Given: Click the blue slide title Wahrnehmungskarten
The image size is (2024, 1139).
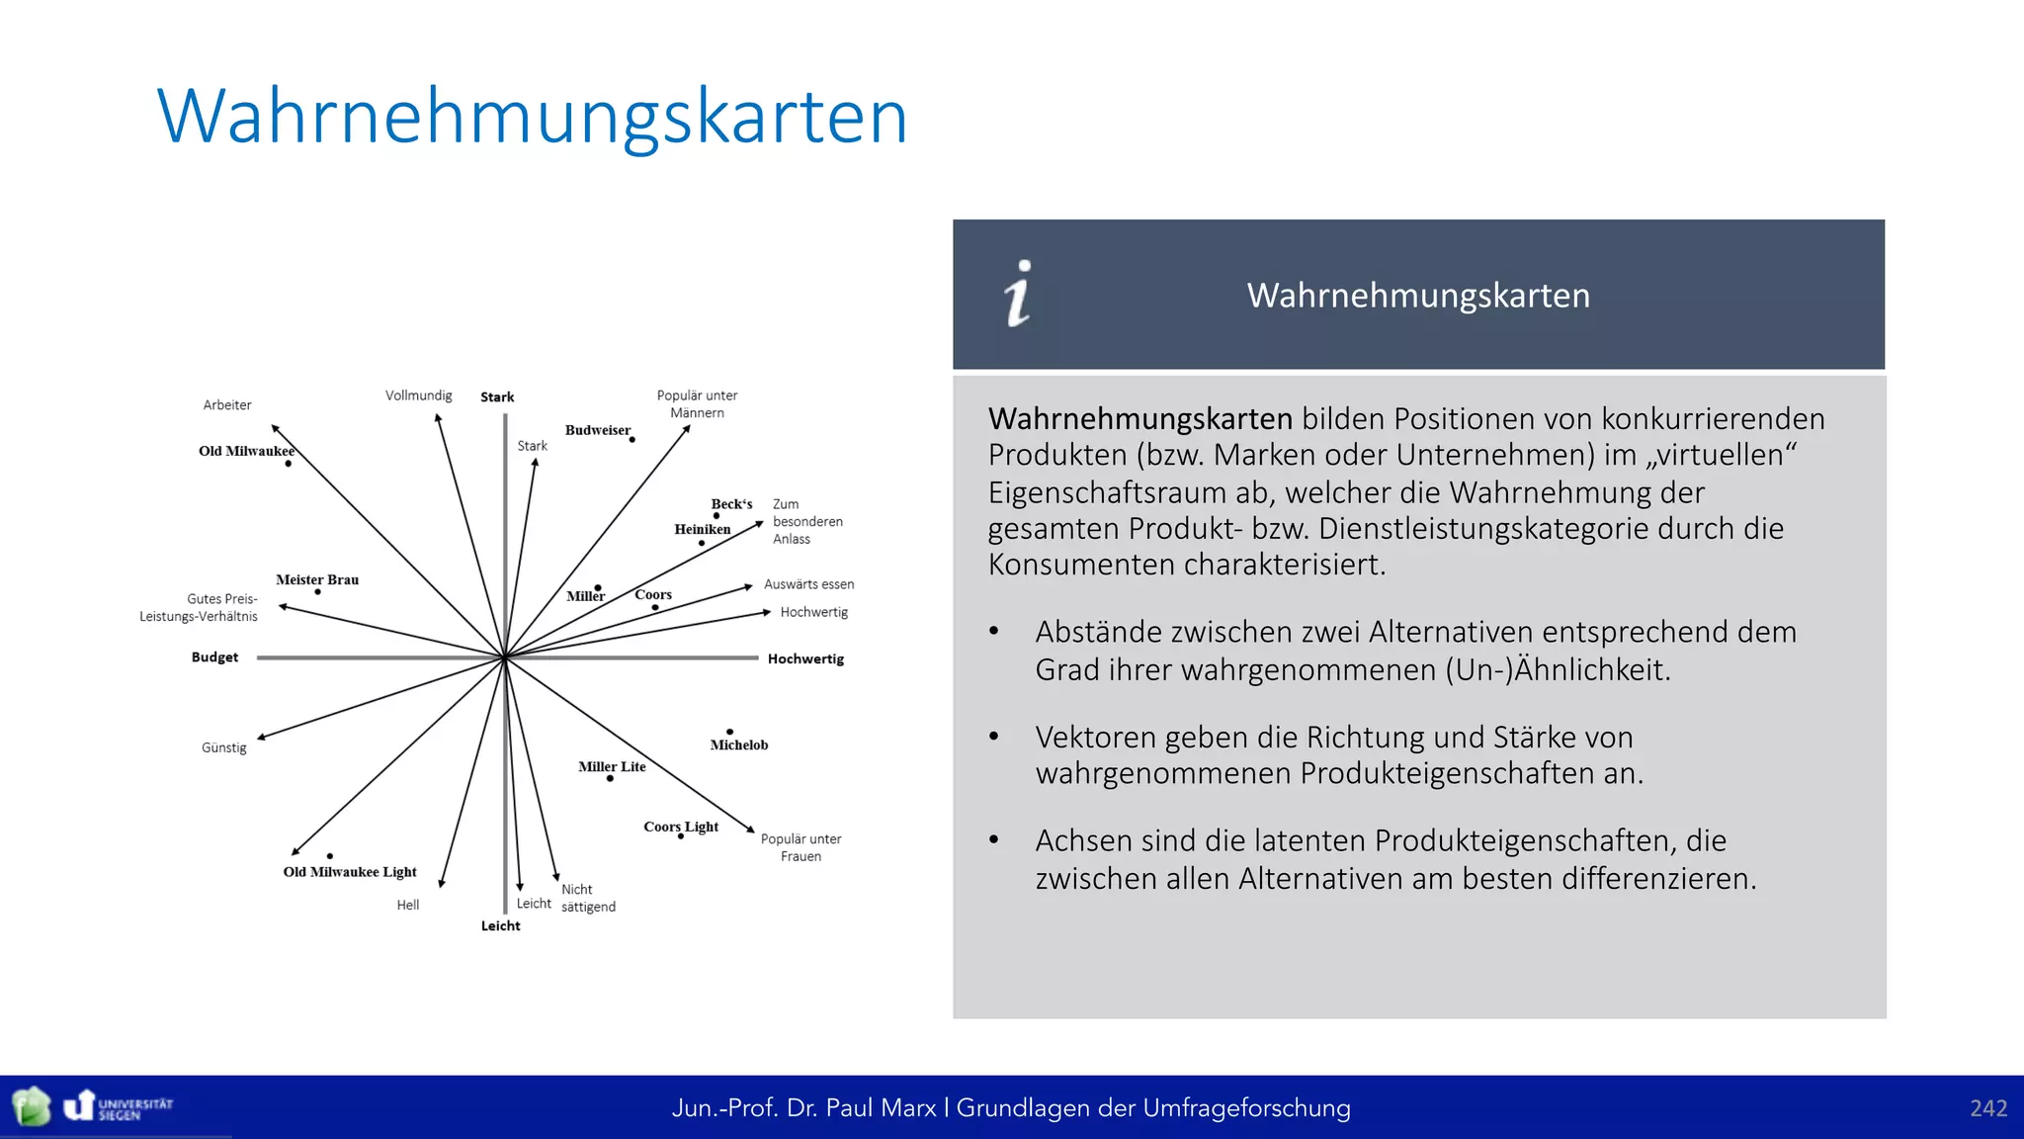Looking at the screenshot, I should coord(532,117).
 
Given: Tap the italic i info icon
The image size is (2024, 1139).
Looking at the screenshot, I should coord(1019,294).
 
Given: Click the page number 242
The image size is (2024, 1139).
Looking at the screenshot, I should coord(1987,1108).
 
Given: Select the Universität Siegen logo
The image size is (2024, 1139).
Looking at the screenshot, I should coord(119,1106).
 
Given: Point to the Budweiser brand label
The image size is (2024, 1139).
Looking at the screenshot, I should coord(597,430).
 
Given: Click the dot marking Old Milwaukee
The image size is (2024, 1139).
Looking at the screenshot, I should coord(288,464).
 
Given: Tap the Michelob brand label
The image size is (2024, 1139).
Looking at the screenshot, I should coord(738,745).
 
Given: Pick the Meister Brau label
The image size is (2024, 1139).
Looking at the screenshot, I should coord(317,579).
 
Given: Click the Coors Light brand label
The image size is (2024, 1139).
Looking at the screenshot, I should coord(681,827).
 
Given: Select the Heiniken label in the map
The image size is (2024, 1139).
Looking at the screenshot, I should coord(703,529).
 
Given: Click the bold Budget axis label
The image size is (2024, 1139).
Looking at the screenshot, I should coord(214,657).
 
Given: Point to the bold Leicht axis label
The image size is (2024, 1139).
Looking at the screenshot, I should coord(500,926).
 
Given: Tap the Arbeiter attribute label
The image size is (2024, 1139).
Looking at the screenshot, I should coord(227,405).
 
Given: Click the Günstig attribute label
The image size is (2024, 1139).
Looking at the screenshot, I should coord(224,748).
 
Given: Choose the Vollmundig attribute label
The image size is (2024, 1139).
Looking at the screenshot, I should coord(418,395).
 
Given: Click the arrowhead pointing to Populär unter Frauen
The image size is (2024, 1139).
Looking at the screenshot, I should coord(750,829).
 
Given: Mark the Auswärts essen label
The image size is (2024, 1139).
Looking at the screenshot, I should coord(808,584).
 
